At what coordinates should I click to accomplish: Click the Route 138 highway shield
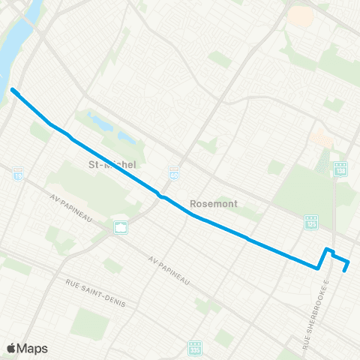(x=340, y=167)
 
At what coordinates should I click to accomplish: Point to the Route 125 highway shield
(x=311, y=221)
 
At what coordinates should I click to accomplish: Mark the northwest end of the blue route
(x=13, y=91)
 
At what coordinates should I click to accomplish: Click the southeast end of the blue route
(x=344, y=271)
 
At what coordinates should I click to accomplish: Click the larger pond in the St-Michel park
(x=100, y=120)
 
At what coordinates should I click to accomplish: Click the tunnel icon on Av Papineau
(x=120, y=226)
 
